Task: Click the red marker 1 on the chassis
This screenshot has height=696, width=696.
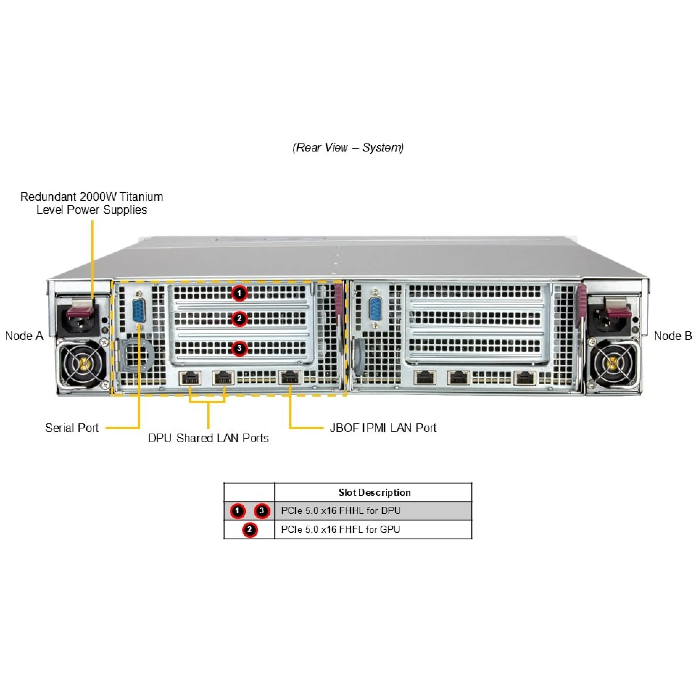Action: tap(239, 293)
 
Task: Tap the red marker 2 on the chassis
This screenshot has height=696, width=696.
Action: tap(239, 319)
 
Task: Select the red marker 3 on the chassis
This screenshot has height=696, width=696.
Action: tap(239, 348)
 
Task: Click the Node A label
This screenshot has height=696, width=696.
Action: tap(24, 336)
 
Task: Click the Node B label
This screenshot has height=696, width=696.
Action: tap(672, 336)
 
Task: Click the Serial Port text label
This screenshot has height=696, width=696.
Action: tap(72, 428)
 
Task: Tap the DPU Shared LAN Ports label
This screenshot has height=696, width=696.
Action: tap(208, 438)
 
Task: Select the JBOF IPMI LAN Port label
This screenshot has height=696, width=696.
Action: tap(383, 428)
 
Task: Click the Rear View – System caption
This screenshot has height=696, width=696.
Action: tap(348, 148)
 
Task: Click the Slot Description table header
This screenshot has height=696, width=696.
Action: tap(374, 492)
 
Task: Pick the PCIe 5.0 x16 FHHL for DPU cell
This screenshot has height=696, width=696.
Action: tap(341, 511)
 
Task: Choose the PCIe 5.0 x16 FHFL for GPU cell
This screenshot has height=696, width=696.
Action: tap(340, 530)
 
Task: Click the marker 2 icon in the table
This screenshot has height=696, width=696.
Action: tap(249, 530)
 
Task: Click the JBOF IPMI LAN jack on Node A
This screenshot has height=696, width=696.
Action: tap(290, 378)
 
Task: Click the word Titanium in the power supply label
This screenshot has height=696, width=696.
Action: tap(141, 197)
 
